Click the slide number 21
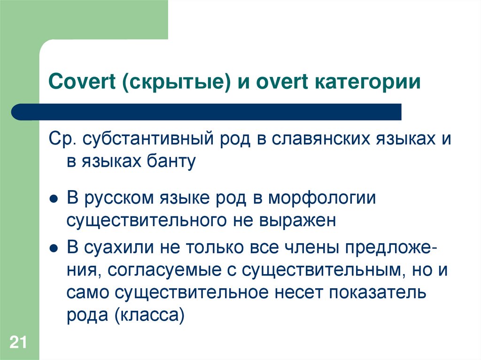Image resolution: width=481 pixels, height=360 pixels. tap(18, 342)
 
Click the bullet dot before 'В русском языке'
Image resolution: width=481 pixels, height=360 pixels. tap(54, 199)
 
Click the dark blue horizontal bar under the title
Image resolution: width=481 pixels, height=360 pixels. tap(207, 112)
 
